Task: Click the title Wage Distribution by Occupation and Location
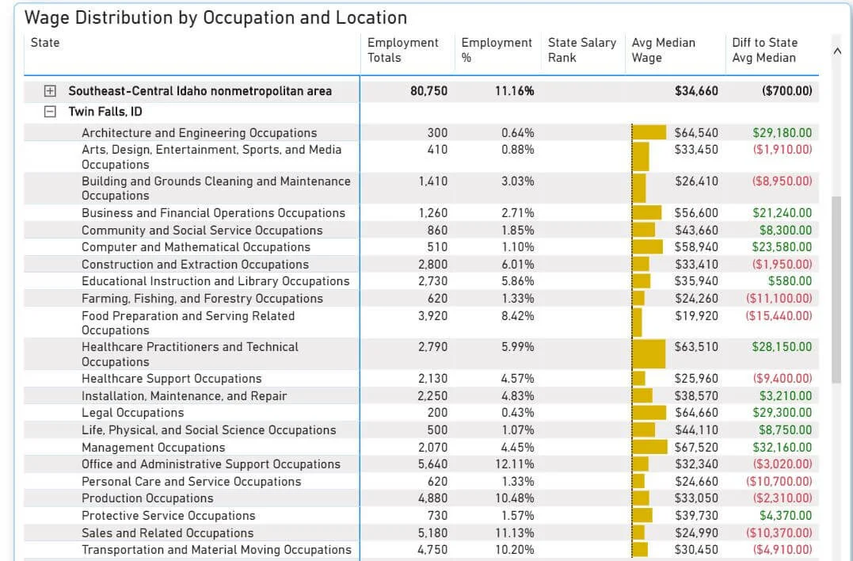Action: point(216,17)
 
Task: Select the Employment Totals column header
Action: point(402,50)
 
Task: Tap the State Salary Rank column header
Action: point(581,50)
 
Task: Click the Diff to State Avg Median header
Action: point(764,50)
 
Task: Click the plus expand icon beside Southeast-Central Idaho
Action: point(51,91)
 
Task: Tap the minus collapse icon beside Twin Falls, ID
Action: point(51,112)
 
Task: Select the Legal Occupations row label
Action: point(132,413)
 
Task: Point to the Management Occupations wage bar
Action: point(649,447)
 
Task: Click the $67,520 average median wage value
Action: point(696,447)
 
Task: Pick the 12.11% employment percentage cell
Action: point(517,464)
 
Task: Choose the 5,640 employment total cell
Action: point(432,464)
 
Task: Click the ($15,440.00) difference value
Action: point(779,315)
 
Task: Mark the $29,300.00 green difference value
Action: point(782,413)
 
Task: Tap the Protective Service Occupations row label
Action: point(168,516)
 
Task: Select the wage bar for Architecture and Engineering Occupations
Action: point(649,133)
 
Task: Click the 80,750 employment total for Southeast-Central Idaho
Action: point(428,91)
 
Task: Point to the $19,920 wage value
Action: point(696,315)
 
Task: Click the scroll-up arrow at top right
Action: point(837,51)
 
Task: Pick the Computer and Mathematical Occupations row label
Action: point(196,247)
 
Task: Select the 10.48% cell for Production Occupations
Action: point(517,498)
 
